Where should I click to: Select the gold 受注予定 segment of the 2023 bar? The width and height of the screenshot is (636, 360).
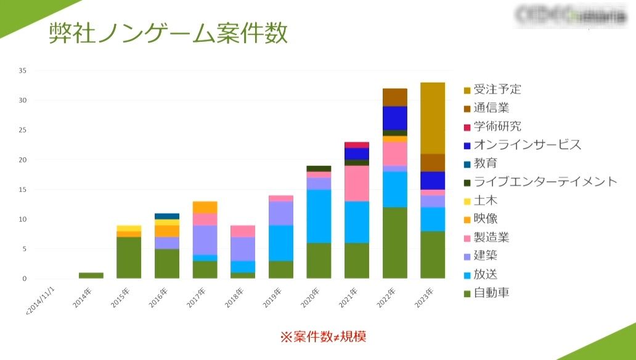click(x=432, y=118)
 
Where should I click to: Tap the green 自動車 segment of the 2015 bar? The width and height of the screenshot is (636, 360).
click(x=129, y=258)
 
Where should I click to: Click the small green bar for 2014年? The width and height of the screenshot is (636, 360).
click(x=91, y=276)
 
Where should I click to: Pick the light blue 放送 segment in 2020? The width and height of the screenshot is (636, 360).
click(x=319, y=216)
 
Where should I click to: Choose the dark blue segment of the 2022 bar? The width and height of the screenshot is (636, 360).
click(x=394, y=118)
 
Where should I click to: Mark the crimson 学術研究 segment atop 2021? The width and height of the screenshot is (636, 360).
click(x=356, y=145)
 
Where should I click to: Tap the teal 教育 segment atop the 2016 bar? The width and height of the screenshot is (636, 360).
click(x=167, y=216)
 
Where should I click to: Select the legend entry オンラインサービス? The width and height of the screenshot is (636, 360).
click(x=527, y=145)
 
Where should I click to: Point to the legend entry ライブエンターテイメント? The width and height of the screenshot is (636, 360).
click(x=545, y=181)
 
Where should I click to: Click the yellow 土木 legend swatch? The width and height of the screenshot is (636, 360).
click(x=468, y=200)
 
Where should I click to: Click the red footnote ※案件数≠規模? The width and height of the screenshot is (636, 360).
click(x=324, y=337)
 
